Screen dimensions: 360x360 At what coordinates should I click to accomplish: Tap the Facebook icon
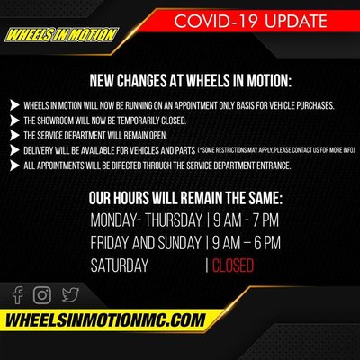(18, 293)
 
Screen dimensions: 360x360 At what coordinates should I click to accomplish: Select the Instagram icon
(42, 293)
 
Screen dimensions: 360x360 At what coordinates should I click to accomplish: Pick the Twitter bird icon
(70, 293)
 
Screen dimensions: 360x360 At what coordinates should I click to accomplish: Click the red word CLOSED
(232, 265)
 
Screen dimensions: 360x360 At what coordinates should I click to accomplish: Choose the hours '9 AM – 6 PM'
(246, 243)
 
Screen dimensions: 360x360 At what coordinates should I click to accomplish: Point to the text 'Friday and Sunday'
(146, 243)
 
